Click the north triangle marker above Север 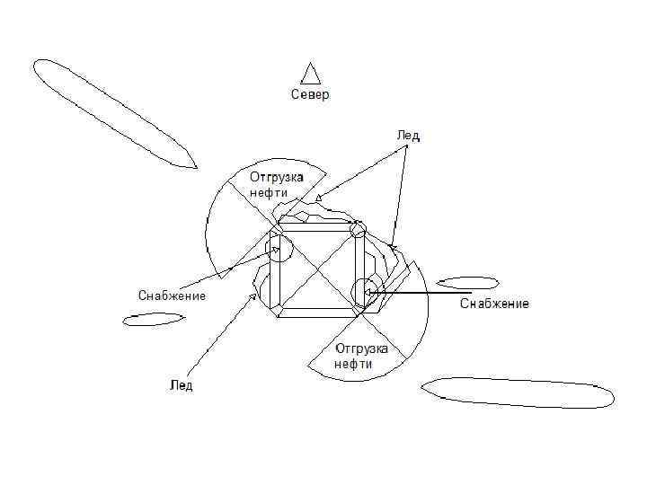click(x=311, y=74)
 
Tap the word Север click(x=310, y=94)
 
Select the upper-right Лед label click(x=408, y=136)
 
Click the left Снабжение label click(x=172, y=295)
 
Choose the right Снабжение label click(x=494, y=304)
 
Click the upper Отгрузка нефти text click(x=276, y=185)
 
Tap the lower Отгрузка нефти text click(x=360, y=356)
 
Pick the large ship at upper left click(x=112, y=111)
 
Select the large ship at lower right click(x=518, y=392)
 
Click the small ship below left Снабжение click(x=154, y=318)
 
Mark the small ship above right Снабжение click(x=467, y=282)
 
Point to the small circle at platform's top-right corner click(x=358, y=230)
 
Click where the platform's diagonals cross click(x=318, y=269)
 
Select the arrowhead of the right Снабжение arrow click(x=368, y=292)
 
